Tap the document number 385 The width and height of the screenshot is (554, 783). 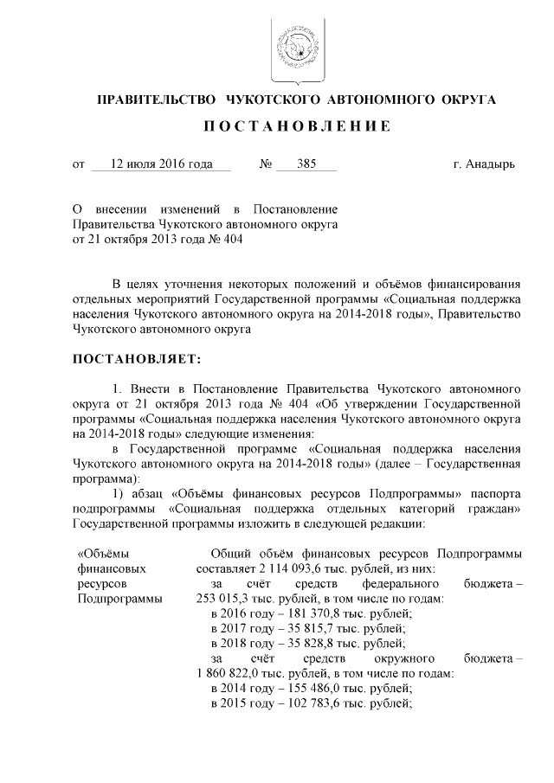306,164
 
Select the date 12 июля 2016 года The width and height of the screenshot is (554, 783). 161,164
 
